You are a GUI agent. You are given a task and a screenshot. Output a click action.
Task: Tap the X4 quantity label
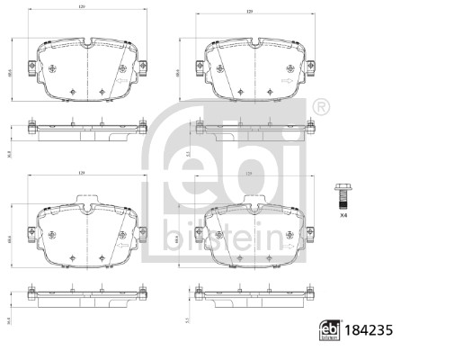[x=343, y=214]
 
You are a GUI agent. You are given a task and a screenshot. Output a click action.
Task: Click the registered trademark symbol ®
[x=321, y=107]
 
